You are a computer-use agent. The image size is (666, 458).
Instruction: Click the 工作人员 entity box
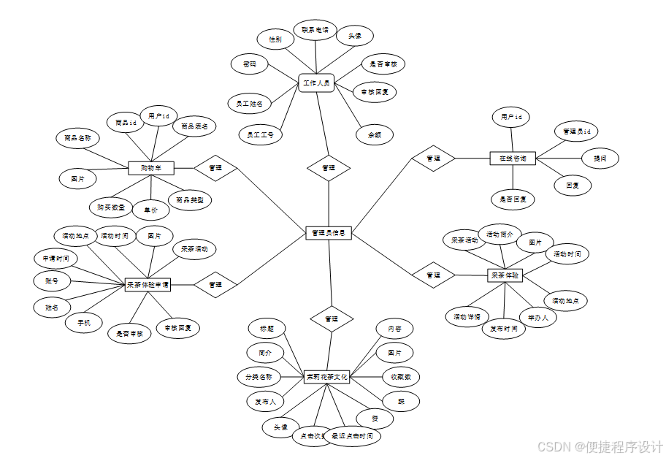[x=316, y=83]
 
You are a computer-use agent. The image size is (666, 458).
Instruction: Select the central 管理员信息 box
[x=329, y=233]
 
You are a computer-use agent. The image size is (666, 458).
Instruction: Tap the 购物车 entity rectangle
[x=150, y=168]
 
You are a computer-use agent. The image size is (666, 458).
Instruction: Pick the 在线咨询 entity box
[x=513, y=158]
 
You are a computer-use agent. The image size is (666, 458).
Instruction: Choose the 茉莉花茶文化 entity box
[x=327, y=377]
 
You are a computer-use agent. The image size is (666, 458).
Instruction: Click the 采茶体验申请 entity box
[x=148, y=285]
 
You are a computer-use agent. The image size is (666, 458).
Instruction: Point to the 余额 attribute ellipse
[x=375, y=135]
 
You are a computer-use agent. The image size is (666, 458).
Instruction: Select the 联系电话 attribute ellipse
[x=315, y=31]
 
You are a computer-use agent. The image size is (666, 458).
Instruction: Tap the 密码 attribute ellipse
[x=249, y=64]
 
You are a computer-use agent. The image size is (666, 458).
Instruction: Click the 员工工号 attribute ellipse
[x=260, y=134]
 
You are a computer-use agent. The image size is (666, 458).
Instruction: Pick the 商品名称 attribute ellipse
[x=77, y=137]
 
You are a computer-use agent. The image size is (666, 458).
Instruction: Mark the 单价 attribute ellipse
[x=151, y=210]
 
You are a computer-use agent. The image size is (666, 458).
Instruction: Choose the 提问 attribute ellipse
[x=600, y=157]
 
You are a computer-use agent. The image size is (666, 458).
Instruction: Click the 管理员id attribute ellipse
[x=576, y=131]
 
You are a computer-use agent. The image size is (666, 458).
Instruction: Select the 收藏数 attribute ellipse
[x=401, y=377]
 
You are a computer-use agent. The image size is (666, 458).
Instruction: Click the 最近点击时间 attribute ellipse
[x=352, y=436]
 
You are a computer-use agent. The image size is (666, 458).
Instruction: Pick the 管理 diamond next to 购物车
[x=215, y=168]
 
